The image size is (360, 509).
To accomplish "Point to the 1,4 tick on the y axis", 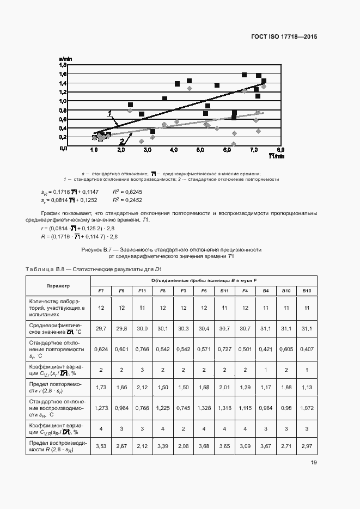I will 63,83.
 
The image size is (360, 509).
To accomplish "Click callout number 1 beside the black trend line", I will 110,113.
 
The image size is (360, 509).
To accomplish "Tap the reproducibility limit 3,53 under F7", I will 101,446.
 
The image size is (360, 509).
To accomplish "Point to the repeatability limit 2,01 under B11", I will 224,387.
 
